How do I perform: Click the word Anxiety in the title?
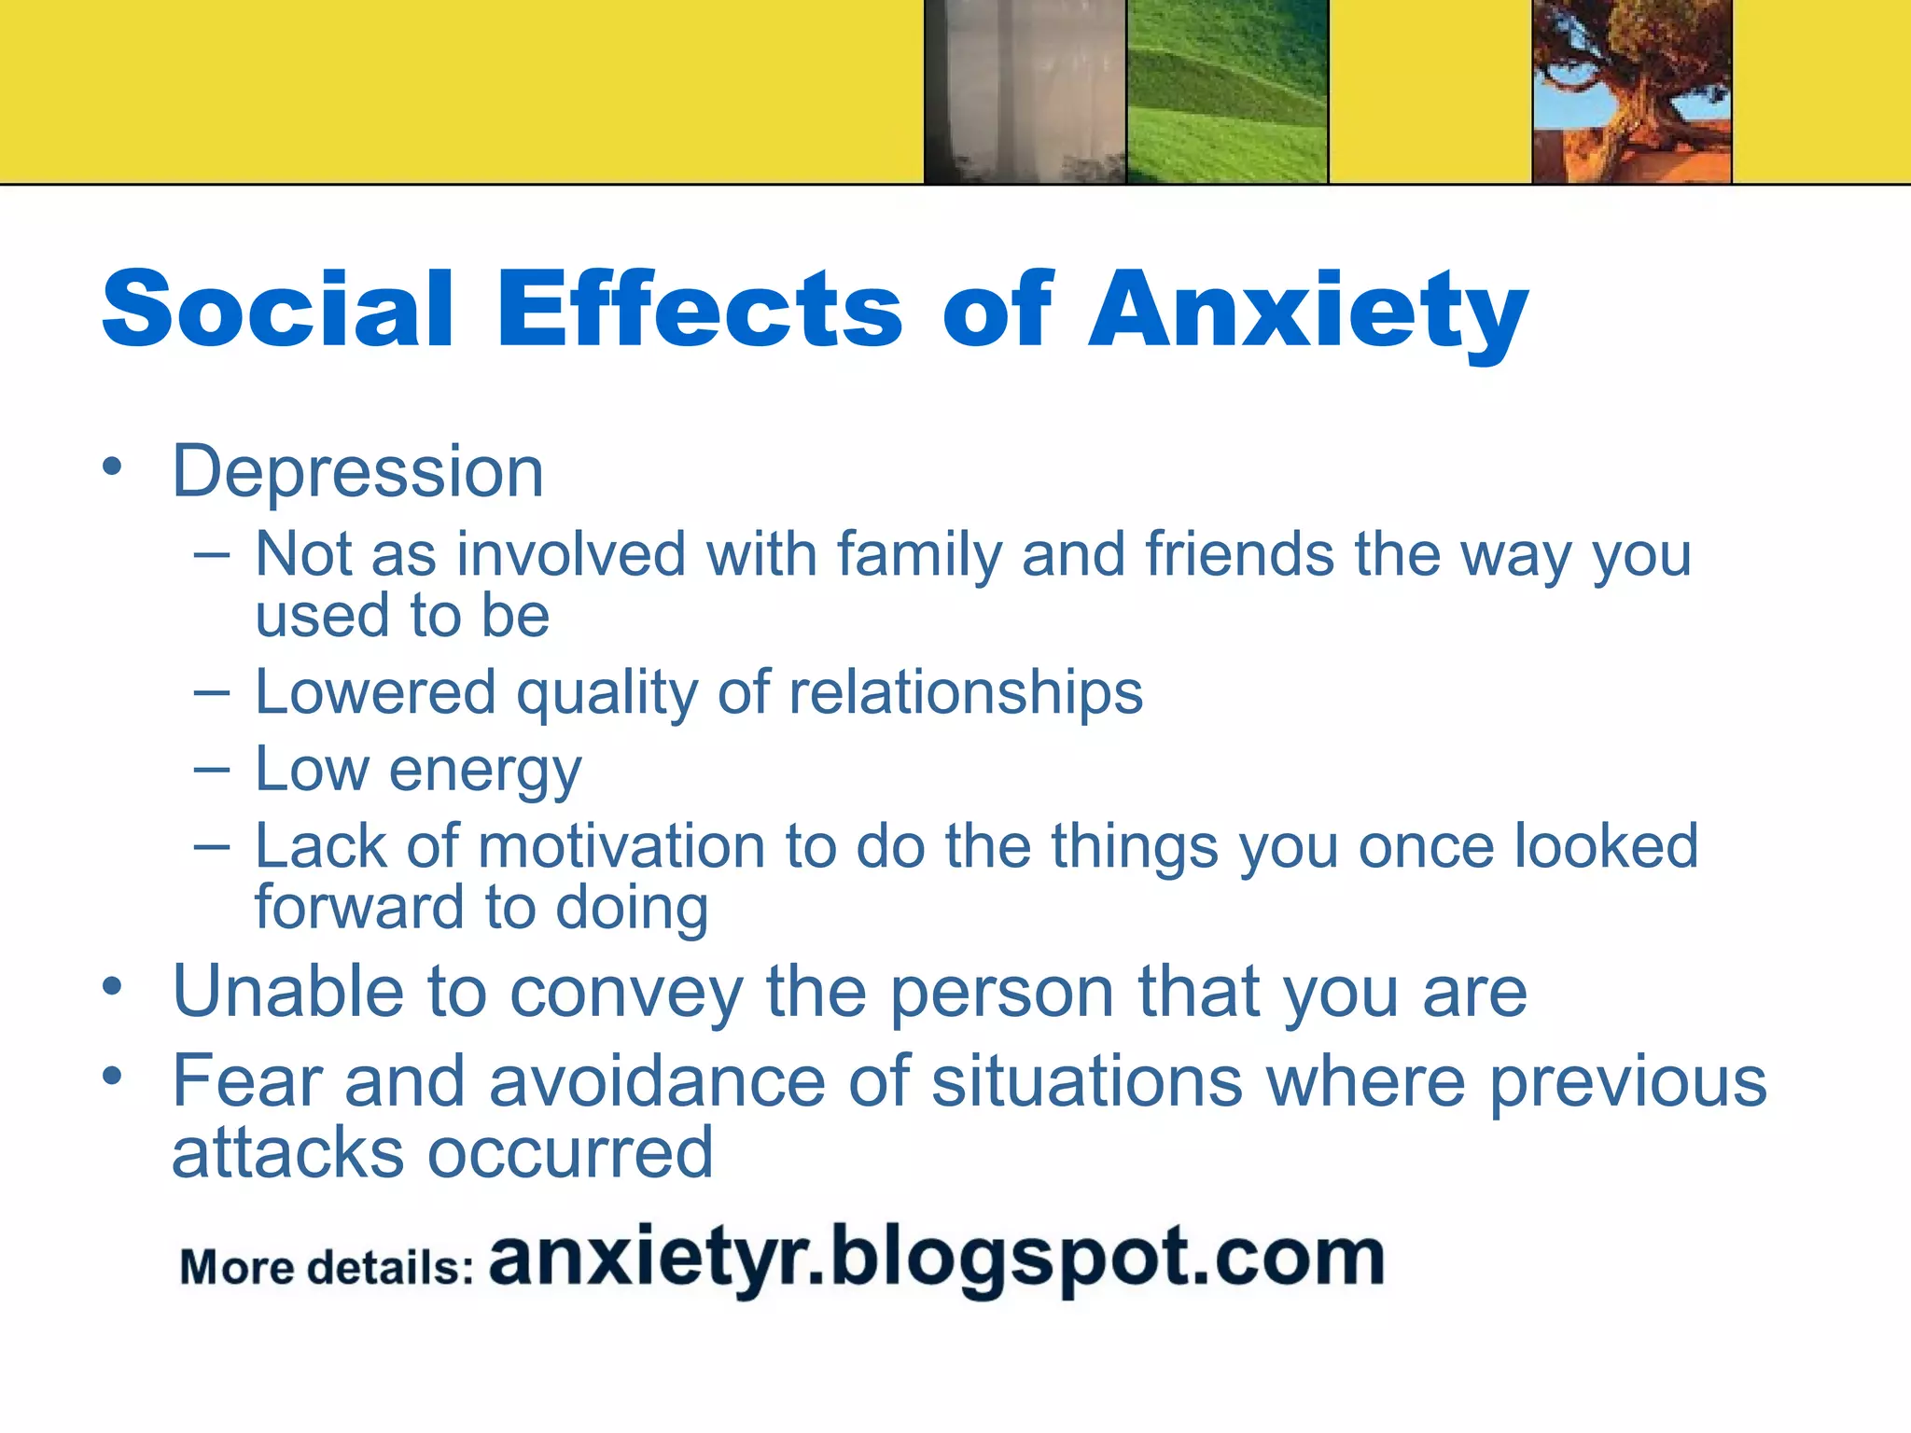(1308, 310)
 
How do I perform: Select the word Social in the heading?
(278, 310)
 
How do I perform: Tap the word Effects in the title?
(699, 310)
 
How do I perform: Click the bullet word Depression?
(357, 472)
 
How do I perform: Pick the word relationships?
(966, 693)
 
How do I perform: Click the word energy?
(485, 772)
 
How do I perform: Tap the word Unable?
(287, 991)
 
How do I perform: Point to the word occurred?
(570, 1153)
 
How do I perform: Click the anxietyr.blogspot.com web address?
(936, 1259)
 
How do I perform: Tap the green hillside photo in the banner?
(1226, 91)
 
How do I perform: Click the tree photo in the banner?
(1632, 91)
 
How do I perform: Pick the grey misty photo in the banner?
(1025, 91)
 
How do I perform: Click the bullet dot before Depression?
(113, 466)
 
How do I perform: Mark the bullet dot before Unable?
(113, 986)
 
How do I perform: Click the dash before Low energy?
(212, 771)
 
